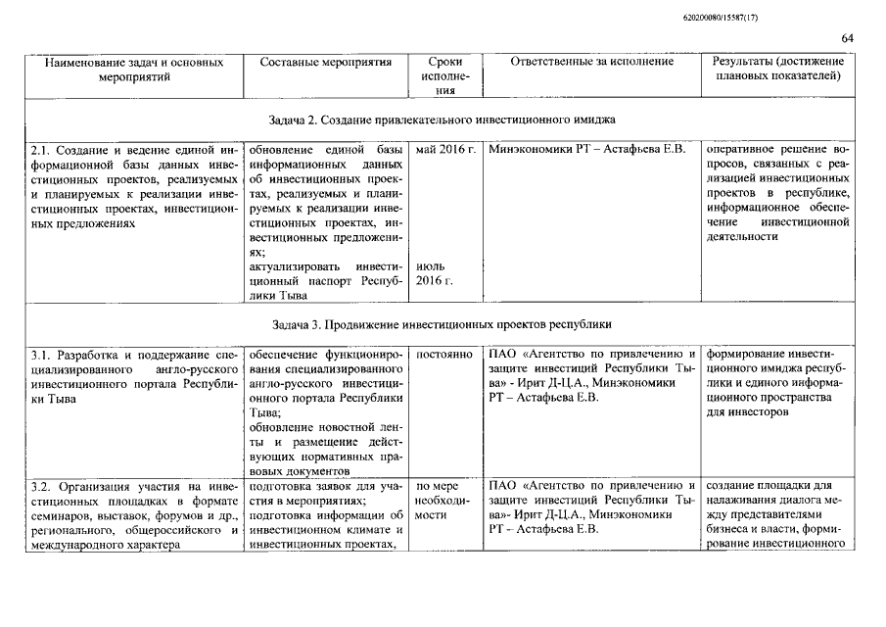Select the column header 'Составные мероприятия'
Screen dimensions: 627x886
point(326,62)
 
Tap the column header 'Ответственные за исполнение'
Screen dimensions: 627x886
point(591,62)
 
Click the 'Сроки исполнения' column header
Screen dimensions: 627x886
point(445,75)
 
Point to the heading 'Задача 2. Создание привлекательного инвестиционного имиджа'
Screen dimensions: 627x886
point(442,119)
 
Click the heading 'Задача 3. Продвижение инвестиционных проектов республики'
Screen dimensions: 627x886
point(442,322)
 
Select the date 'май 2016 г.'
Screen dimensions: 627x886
point(445,149)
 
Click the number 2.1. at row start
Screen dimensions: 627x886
point(40,150)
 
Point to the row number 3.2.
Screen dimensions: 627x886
point(40,486)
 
